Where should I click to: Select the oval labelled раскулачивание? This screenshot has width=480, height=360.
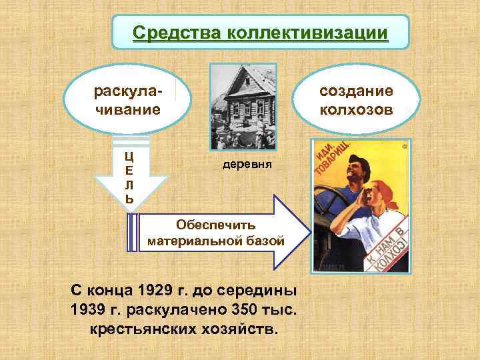[127, 99]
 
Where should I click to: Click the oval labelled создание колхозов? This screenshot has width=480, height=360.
[356, 99]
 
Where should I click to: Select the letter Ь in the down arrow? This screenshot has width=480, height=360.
[129, 199]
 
